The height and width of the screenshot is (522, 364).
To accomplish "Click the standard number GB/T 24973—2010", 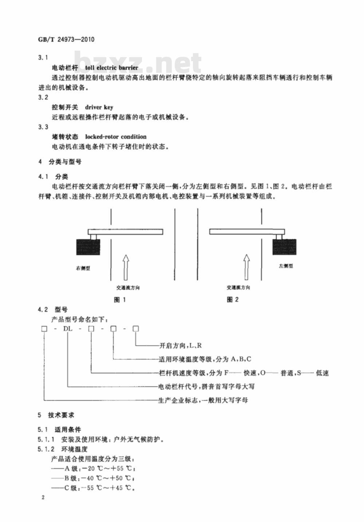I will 66,39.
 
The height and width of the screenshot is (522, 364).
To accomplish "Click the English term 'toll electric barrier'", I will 111,68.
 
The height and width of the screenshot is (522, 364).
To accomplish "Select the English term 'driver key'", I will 99,107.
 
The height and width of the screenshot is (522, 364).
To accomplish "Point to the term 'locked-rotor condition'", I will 116,137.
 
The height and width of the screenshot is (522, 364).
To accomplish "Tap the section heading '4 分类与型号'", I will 60,162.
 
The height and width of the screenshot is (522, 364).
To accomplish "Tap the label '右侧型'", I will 83,268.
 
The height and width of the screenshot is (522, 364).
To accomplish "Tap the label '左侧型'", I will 286,266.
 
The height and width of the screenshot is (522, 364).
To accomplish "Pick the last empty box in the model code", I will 135,329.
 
